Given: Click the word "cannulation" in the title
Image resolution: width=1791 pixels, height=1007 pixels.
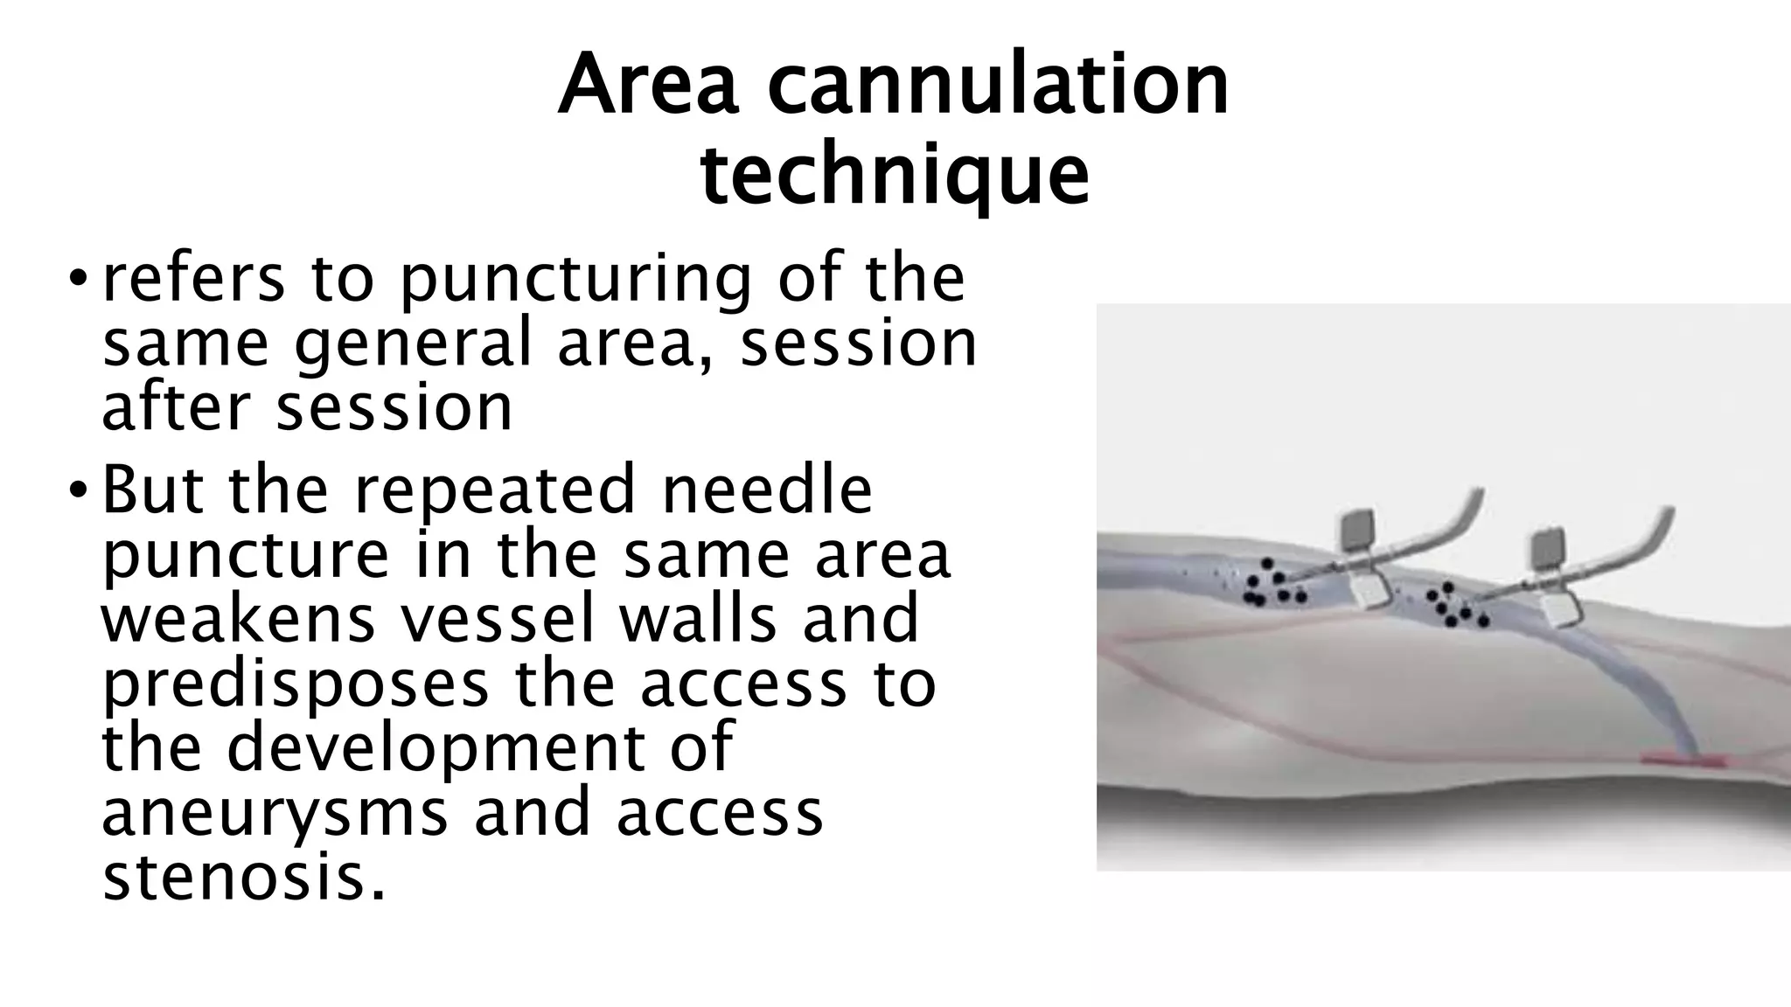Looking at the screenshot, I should pos(998,86).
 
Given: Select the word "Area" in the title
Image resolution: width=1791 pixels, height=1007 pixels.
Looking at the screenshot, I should pos(648,86).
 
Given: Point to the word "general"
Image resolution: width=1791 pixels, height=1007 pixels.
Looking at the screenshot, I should pos(412,344).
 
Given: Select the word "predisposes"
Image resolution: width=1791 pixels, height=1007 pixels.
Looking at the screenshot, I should pos(295,684).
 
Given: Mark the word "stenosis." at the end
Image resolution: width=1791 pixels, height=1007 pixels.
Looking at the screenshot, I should pos(244,878).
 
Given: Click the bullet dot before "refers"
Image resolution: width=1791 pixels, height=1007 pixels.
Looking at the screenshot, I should pos(78,281).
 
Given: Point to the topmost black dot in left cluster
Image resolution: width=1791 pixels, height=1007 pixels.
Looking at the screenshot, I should pos(1267,564).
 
